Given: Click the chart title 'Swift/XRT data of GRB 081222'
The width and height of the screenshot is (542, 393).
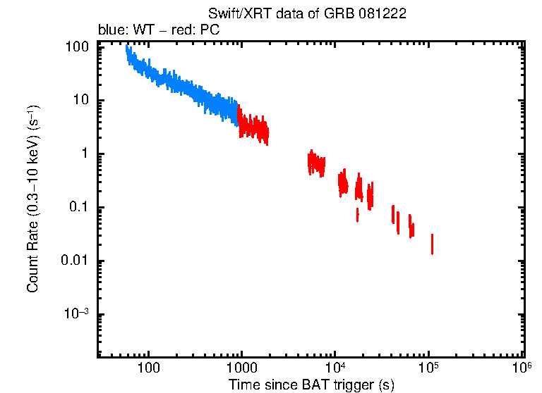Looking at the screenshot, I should (307, 15).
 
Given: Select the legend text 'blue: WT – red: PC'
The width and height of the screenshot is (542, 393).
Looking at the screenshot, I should (169, 31).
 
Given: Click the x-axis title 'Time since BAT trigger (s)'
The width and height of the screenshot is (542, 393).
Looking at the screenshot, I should (311, 384).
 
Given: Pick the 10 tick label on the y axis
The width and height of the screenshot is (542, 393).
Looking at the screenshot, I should (82, 100).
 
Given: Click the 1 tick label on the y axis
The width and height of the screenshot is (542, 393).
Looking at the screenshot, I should (85, 154).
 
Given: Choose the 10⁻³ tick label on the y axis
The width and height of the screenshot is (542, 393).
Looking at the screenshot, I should (78, 313).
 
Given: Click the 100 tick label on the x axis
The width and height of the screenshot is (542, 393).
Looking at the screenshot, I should (149, 368).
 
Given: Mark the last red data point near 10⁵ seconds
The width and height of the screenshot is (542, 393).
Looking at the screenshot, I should (432, 244).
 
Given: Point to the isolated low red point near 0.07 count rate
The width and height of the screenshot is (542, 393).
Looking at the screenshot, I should (358, 214).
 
